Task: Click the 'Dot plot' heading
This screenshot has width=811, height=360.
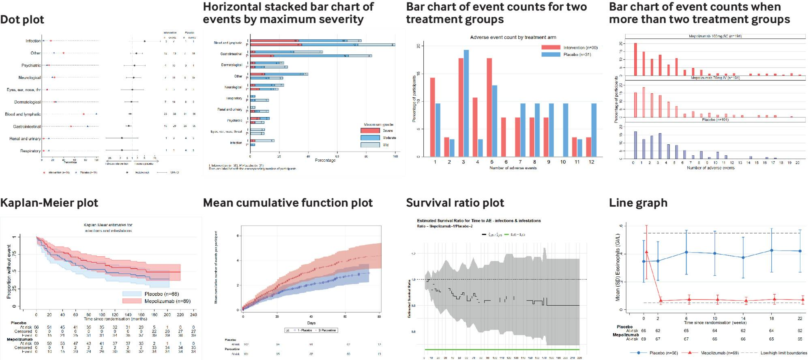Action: point(22,19)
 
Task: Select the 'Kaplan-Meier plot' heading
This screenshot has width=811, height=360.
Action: point(49,203)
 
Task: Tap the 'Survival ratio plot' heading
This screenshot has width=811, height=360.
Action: point(455,203)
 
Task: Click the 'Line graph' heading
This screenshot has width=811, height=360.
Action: point(638,203)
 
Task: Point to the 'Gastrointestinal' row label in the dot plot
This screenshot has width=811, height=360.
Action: point(27,126)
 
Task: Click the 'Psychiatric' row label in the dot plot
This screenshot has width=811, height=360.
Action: point(31,65)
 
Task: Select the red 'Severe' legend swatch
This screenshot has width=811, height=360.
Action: point(370,131)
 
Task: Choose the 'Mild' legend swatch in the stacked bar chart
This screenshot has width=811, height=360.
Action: point(370,145)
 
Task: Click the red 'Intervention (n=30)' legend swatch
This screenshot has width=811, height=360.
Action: point(550,47)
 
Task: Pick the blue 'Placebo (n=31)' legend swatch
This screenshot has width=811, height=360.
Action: point(550,54)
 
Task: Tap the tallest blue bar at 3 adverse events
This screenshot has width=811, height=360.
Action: point(466,103)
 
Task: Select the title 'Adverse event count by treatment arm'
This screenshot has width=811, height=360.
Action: point(513,37)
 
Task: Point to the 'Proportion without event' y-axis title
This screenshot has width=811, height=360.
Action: point(9,272)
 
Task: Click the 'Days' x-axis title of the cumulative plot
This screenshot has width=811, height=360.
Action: point(311,323)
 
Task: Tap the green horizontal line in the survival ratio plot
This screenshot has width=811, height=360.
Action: point(501,349)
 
